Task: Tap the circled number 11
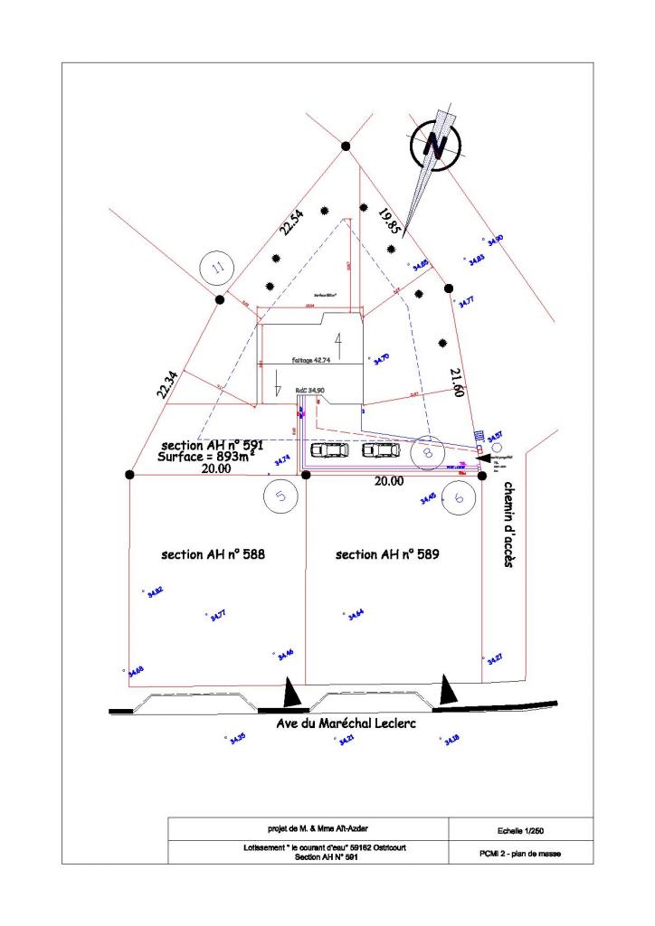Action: click(216, 267)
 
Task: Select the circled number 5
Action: click(281, 496)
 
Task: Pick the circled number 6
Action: click(459, 496)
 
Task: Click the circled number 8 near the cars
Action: click(426, 451)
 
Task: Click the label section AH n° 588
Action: click(214, 554)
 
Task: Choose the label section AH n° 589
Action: click(387, 554)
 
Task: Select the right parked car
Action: click(379, 449)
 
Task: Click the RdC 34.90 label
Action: click(310, 390)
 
